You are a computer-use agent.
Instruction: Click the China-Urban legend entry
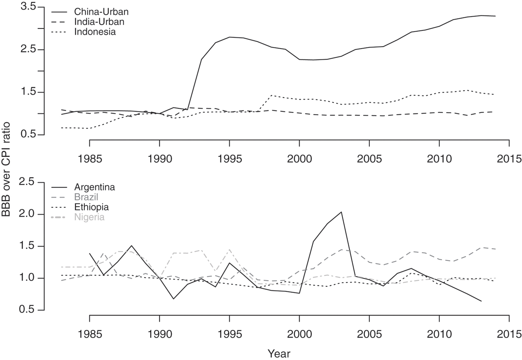[x=101, y=12]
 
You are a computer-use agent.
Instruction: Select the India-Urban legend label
[x=99, y=22]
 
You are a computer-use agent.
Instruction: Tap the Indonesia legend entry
[x=95, y=32]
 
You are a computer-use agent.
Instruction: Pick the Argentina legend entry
[x=94, y=187]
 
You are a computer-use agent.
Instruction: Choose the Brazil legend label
[x=87, y=197]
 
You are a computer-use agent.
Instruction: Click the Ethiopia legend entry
[x=91, y=207]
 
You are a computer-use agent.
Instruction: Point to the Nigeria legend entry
[x=89, y=217]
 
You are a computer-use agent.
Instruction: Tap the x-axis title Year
[x=279, y=353]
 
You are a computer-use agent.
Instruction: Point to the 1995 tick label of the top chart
[x=229, y=159]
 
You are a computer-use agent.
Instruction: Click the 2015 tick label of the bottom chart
[x=509, y=333]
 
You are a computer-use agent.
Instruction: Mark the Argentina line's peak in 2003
[x=341, y=212]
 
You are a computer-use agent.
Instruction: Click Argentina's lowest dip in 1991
[x=173, y=299]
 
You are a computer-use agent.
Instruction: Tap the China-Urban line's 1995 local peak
[x=230, y=37]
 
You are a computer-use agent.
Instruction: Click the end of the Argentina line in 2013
[x=481, y=301]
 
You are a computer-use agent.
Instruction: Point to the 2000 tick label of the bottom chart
[x=299, y=333]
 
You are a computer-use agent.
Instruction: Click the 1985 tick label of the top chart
[x=89, y=159]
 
